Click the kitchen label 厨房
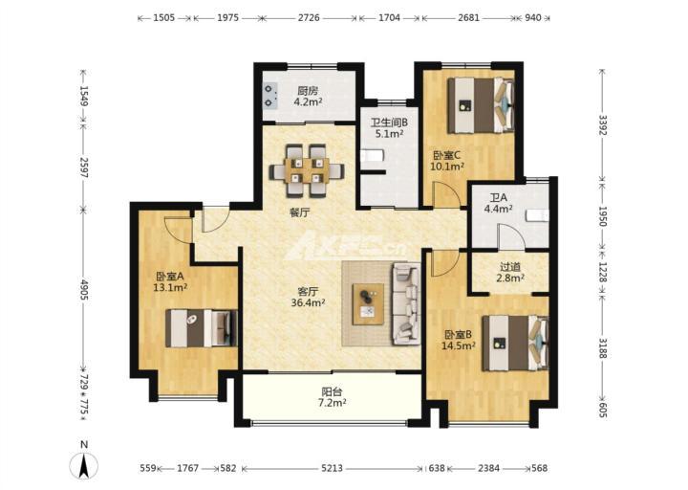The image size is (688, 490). pos(308,91)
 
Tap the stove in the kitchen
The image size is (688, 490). pos(270,96)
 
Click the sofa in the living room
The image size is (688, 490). pos(406,303)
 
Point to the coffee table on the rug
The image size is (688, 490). pos(369,304)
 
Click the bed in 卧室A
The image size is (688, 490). pos(202,328)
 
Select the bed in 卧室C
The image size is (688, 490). pos(481,105)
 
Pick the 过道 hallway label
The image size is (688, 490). pos(510,267)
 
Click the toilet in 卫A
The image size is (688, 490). pos(537,215)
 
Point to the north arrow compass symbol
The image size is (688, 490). pos(84,465)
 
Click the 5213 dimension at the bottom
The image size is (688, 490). pos(332,468)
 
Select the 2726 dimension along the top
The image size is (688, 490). pos(309,18)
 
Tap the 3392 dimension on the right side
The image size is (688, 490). pos(602,125)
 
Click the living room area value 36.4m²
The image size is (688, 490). pos(308,302)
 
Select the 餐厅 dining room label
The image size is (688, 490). pos(299,213)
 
